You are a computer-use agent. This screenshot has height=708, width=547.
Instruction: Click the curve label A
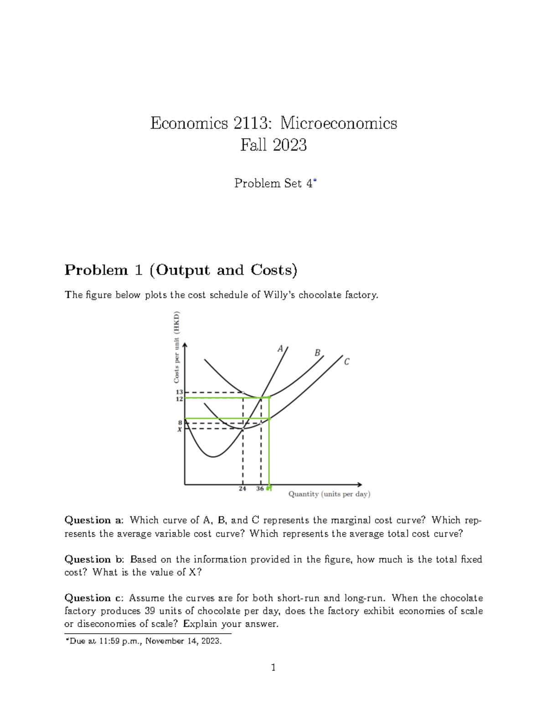tap(281, 349)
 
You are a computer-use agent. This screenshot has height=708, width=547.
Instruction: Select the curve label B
tap(317, 353)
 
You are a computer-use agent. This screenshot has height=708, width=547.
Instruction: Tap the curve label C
tap(347, 362)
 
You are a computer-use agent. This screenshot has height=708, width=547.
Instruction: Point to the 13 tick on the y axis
tap(179, 392)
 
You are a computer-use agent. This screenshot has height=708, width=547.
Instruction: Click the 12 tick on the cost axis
tap(179, 398)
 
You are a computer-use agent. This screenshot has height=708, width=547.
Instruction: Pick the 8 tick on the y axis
tap(180, 423)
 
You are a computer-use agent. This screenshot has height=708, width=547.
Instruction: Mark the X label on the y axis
tap(180, 429)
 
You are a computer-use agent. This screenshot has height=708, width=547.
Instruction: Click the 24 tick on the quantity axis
tap(243, 488)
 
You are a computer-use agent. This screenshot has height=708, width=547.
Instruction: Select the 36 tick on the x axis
tap(260, 488)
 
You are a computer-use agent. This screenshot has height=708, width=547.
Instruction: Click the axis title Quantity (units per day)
tap(329, 494)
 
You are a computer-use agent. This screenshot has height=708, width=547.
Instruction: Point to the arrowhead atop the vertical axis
tap(185, 346)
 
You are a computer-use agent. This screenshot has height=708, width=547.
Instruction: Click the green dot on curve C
tap(270, 419)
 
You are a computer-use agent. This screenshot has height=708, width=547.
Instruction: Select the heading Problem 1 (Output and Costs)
tap(181, 270)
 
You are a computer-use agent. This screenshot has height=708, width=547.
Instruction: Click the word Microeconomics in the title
tap(338, 123)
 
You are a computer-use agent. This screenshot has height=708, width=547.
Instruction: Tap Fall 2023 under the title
tap(273, 145)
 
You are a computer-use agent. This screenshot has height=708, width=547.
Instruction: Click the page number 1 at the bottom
tap(273, 668)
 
